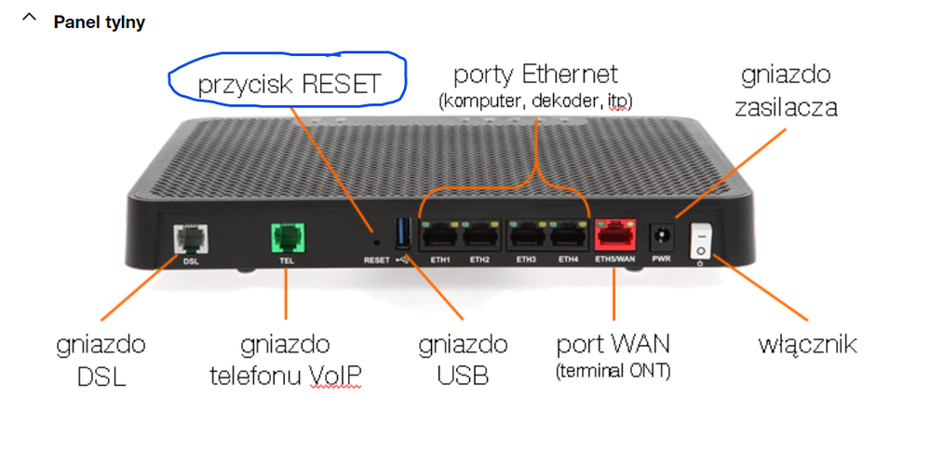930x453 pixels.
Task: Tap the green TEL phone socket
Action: pyautogui.click(x=285, y=238)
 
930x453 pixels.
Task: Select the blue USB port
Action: pyautogui.click(x=403, y=234)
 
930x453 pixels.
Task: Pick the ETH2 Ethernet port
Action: pyautogui.click(x=480, y=239)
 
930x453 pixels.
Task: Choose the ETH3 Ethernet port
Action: pyautogui.click(x=528, y=239)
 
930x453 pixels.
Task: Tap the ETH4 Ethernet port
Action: pyautogui.click(x=568, y=239)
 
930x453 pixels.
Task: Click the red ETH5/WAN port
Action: pyautogui.click(x=613, y=238)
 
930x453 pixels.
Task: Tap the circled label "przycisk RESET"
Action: pyautogui.click(x=289, y=84)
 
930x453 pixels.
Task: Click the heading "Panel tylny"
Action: pyautogui.click(x=100, y=22)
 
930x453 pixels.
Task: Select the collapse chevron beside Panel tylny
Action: pyautogui.click(x=31, y=19)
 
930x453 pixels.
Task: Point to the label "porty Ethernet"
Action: pyautogui.click(x=535, y=73)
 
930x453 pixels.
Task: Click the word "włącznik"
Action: pyautogui.click(x=807, y=345)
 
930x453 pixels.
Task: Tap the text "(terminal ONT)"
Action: pyautogui.click(x=613, y=373)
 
